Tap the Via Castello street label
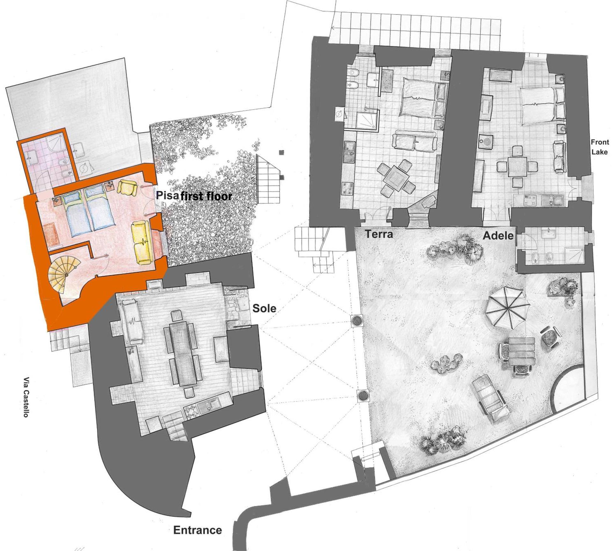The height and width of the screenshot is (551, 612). click(26, 397)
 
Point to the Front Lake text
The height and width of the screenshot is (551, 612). click(600, 147)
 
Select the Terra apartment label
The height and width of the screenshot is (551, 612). click(379, 234)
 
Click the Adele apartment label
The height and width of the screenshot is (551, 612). click(498, 236)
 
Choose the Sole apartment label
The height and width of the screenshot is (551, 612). click(264, 308)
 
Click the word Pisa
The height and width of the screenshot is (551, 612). click(167, 195)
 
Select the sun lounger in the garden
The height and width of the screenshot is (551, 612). click(489, 397)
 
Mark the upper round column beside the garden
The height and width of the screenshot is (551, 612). click(357, 320)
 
